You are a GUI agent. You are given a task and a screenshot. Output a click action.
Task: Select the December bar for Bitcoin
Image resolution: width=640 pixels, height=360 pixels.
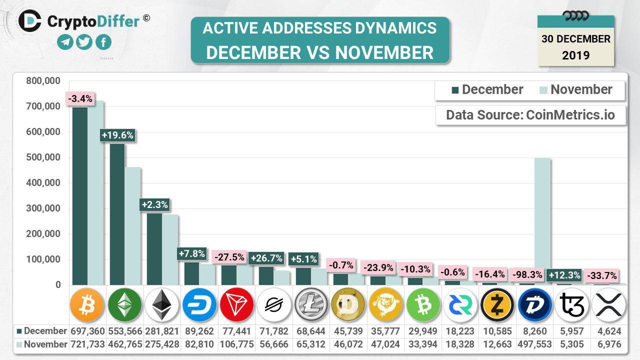coord(80,195)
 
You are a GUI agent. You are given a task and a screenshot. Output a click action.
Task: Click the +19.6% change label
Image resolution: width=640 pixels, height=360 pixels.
coord(117,135)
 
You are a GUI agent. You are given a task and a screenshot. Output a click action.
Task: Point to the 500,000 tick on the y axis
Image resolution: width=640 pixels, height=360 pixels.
coord(43,157)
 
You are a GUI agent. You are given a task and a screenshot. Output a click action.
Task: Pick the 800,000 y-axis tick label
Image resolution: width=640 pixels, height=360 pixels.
coord(43,81)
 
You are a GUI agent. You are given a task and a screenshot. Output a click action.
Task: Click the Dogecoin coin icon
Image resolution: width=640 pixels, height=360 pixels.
coord(348,304)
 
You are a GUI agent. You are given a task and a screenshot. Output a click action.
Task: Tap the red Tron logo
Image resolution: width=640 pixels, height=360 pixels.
coord(237,304)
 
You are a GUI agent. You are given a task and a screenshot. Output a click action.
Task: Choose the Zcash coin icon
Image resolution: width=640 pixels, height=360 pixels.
coord(497,304)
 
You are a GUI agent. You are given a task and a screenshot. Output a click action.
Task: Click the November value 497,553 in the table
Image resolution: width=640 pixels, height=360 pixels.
coord(534,344)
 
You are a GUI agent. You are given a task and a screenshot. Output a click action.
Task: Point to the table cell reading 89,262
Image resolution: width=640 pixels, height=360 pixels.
coord(199,331)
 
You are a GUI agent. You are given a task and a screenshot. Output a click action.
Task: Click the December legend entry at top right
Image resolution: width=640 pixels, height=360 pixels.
coord(487,90)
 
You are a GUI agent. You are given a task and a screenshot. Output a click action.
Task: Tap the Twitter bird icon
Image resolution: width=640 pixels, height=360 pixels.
coord(84,42)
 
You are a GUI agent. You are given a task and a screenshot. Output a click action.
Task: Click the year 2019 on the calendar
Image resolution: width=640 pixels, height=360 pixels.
coord(576,55)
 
